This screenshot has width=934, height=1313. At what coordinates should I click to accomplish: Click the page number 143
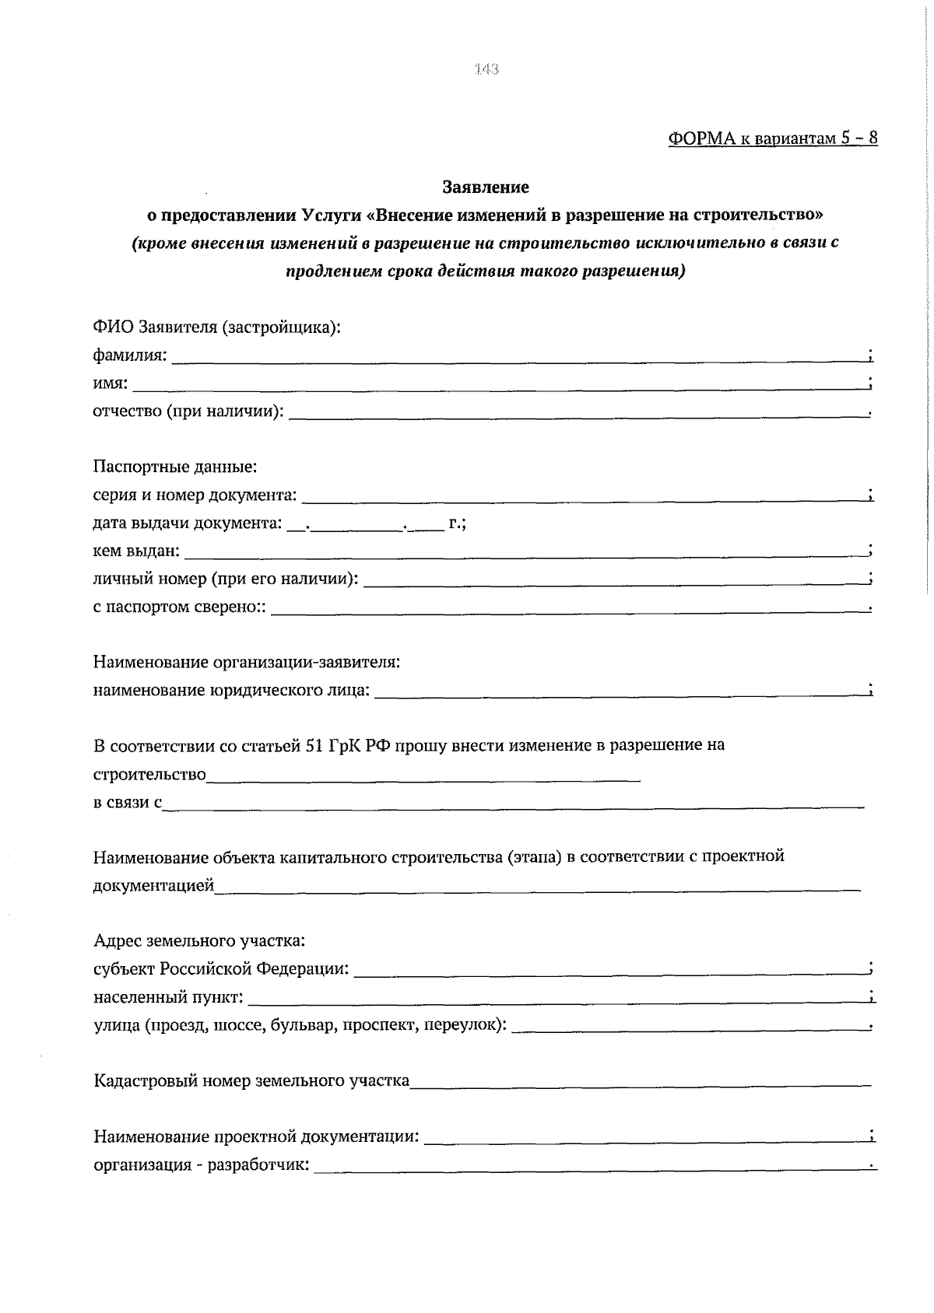coord(486,69)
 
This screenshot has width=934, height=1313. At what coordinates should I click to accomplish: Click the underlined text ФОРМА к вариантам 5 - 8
coord(772,138)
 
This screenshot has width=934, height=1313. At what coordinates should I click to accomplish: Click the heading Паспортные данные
coord(175,467)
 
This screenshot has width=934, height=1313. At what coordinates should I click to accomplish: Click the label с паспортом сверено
coord(178,607)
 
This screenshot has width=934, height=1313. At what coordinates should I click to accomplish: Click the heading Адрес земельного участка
coord(199,941)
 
